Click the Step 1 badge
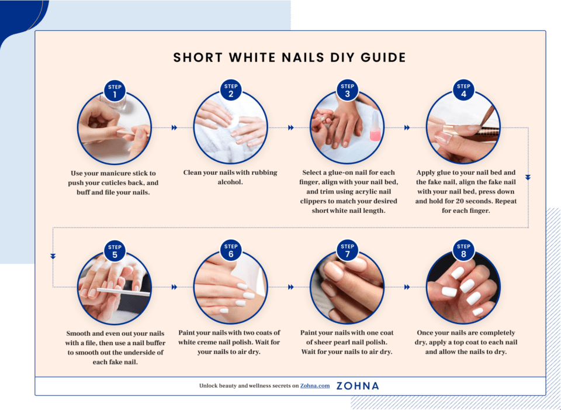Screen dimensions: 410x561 tap(115, 91)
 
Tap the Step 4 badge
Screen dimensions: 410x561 tap(463, 91)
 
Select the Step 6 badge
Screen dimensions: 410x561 tap(231, 250)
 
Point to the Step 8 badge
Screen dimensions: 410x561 tap(463, 250)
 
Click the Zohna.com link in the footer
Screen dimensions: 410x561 tap(315, 386)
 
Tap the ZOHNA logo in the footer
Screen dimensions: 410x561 tap(358, 386)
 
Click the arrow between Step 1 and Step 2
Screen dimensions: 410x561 tap(174, 128)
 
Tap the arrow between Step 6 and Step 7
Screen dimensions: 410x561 tap(290, 287)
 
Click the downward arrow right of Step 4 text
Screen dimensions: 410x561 tap(528, 177)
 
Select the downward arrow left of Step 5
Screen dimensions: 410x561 tap(53, 256)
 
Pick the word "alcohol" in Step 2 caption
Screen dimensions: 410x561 tap(230, 182)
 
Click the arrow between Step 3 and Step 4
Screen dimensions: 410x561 tap(407, 128)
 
